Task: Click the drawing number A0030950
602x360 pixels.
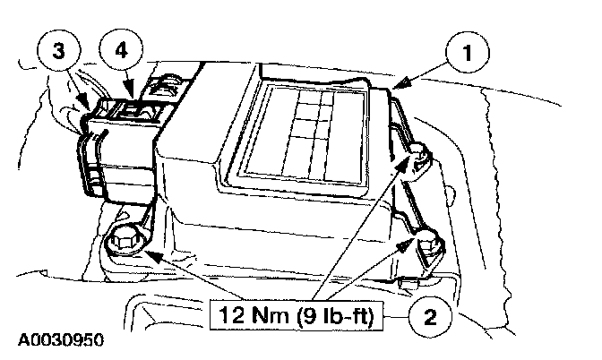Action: (59, 341)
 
